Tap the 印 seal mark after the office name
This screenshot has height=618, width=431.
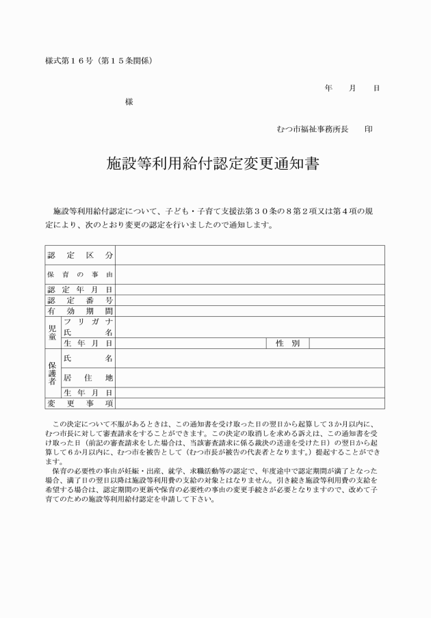[x=369, y=129]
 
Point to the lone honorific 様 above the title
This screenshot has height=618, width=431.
[x=129, y=101]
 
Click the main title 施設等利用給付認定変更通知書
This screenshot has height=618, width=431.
[x=214, y=165]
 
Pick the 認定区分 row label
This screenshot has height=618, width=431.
[x=80, y=255]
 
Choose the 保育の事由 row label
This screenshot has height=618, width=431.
[x=80, y=274]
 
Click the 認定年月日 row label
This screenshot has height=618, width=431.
[x=80, y=289]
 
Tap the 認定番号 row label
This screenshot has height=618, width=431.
[x=80, y=300]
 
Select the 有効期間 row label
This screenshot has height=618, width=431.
[x=80, y=311]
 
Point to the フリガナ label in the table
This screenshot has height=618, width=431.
[x=88, y=321]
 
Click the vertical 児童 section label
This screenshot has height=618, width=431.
[x=53, y=332]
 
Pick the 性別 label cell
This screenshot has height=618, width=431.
[x=287, y=343]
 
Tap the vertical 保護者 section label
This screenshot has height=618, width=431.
[x=53, y=374]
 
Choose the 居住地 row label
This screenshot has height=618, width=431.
[x=88, y=377]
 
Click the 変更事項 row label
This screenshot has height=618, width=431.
[x=80, y=404]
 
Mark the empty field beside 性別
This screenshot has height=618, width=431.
[x=347, y=343]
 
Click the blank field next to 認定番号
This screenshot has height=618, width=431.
[x=250, y=300]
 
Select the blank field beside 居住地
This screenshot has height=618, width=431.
[x=250, y=377]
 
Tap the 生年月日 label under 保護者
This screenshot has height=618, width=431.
[x=88, y=393]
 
